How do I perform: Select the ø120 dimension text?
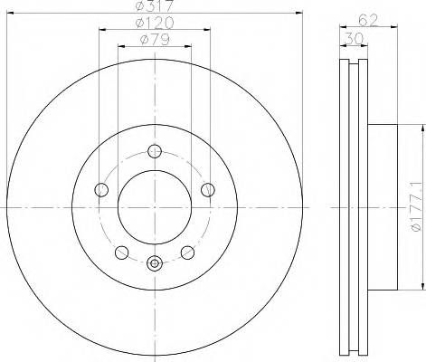(x=155, y=22)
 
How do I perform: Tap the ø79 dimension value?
(x=155, y=39)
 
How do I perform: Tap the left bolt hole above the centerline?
(x=102, y=189)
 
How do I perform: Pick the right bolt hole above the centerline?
(x=207, y=189)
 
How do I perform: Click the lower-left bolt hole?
(x=122, y=252)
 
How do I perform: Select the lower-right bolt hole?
(x=187, y=252)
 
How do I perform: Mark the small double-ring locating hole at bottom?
(x=155, y=264)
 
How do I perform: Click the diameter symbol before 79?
(x=145, y=39)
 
